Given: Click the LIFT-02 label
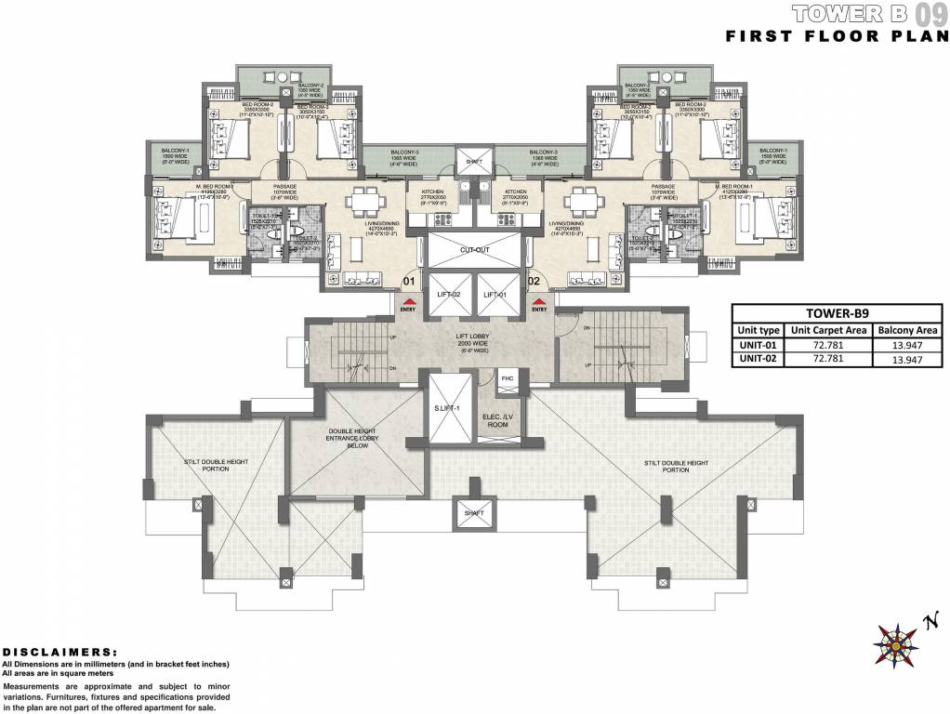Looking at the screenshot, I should (450, 295).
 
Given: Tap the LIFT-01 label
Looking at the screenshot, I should (495, 295).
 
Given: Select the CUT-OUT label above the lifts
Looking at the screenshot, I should (473, 250).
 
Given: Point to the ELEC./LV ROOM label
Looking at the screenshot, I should (497, 419).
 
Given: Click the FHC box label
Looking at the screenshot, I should (507, 379).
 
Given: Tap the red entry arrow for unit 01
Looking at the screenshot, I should (408, 301).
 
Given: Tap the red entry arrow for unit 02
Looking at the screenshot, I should (537, 301).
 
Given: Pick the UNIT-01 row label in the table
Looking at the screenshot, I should (758, 344).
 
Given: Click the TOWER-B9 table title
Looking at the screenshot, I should (837, 313).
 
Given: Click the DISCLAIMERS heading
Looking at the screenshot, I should (60, 653).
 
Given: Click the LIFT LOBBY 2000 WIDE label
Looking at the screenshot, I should (474, 342).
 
